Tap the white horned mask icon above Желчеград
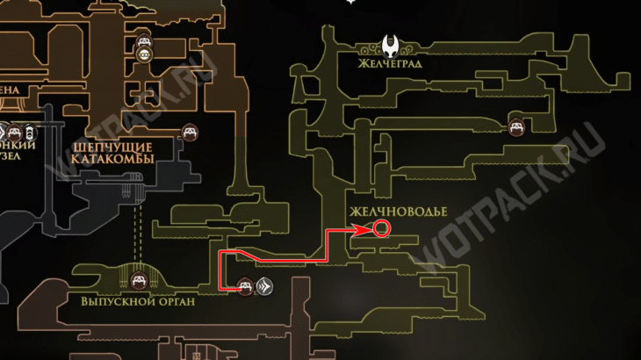click(x=389, y=45)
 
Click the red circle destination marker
click(x=382, y=230)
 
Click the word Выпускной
click(x=112, y=299)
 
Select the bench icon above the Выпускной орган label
click(x=138, y=280)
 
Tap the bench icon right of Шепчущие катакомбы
click(x=189, y=133)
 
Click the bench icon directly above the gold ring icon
click(x=145, y=40)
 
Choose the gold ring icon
click(x=145, y=54)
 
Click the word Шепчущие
click(x=109, y=148)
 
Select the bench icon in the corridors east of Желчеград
click(x=518, y=127)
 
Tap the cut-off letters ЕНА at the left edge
click(x=13, y=89)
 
